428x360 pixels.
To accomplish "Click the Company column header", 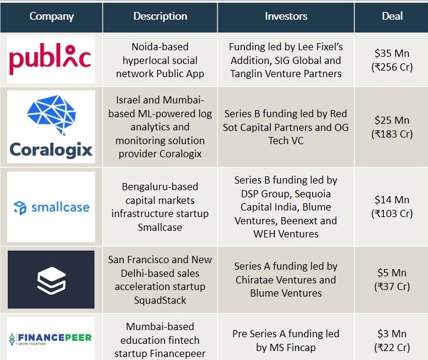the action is [51, 16].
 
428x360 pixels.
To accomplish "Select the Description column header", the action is [160, 16].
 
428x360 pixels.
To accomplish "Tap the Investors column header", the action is [286, 16].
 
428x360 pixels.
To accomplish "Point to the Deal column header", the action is [392, 16].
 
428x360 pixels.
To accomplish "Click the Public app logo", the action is [50, 59].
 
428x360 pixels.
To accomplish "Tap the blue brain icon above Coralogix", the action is [51, 115].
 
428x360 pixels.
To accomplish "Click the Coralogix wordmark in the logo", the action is [51, 150].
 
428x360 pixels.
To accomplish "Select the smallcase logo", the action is [51, 208].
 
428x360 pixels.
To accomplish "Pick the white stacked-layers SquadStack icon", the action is [51, 280].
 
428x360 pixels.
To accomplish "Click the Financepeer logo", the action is [51, 339].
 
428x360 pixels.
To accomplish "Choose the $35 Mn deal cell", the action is [392, 60].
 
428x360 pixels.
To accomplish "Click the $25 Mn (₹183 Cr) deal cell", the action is [392, 127].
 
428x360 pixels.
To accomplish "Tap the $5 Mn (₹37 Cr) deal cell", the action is [392, 279].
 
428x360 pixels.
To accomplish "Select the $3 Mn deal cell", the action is [392, 340].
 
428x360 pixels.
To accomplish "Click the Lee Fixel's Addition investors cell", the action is [286, 60].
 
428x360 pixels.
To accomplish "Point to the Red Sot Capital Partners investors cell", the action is [286, 127].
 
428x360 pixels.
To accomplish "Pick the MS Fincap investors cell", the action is [286, 340].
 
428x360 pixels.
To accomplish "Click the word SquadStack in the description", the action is [160, 300].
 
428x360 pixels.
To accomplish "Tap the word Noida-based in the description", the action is [160, 47].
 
